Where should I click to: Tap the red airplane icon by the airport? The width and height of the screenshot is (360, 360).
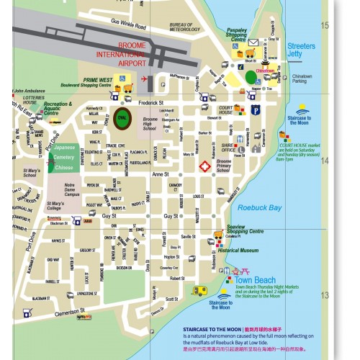coord(144,78)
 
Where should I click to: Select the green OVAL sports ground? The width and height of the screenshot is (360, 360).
coord(120,117)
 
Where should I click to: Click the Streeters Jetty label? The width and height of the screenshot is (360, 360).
coord(301,50)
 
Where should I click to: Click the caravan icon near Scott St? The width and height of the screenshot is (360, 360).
coord(199,290)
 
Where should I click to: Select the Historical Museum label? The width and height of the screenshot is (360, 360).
coord(238,250)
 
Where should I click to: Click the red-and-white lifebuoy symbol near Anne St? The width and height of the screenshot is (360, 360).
coord(204,166)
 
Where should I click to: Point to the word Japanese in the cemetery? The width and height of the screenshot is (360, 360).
coord(65,147)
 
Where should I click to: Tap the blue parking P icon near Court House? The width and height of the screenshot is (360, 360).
coord(255,109)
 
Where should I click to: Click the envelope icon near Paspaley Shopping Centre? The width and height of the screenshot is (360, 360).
coord(253,42)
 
